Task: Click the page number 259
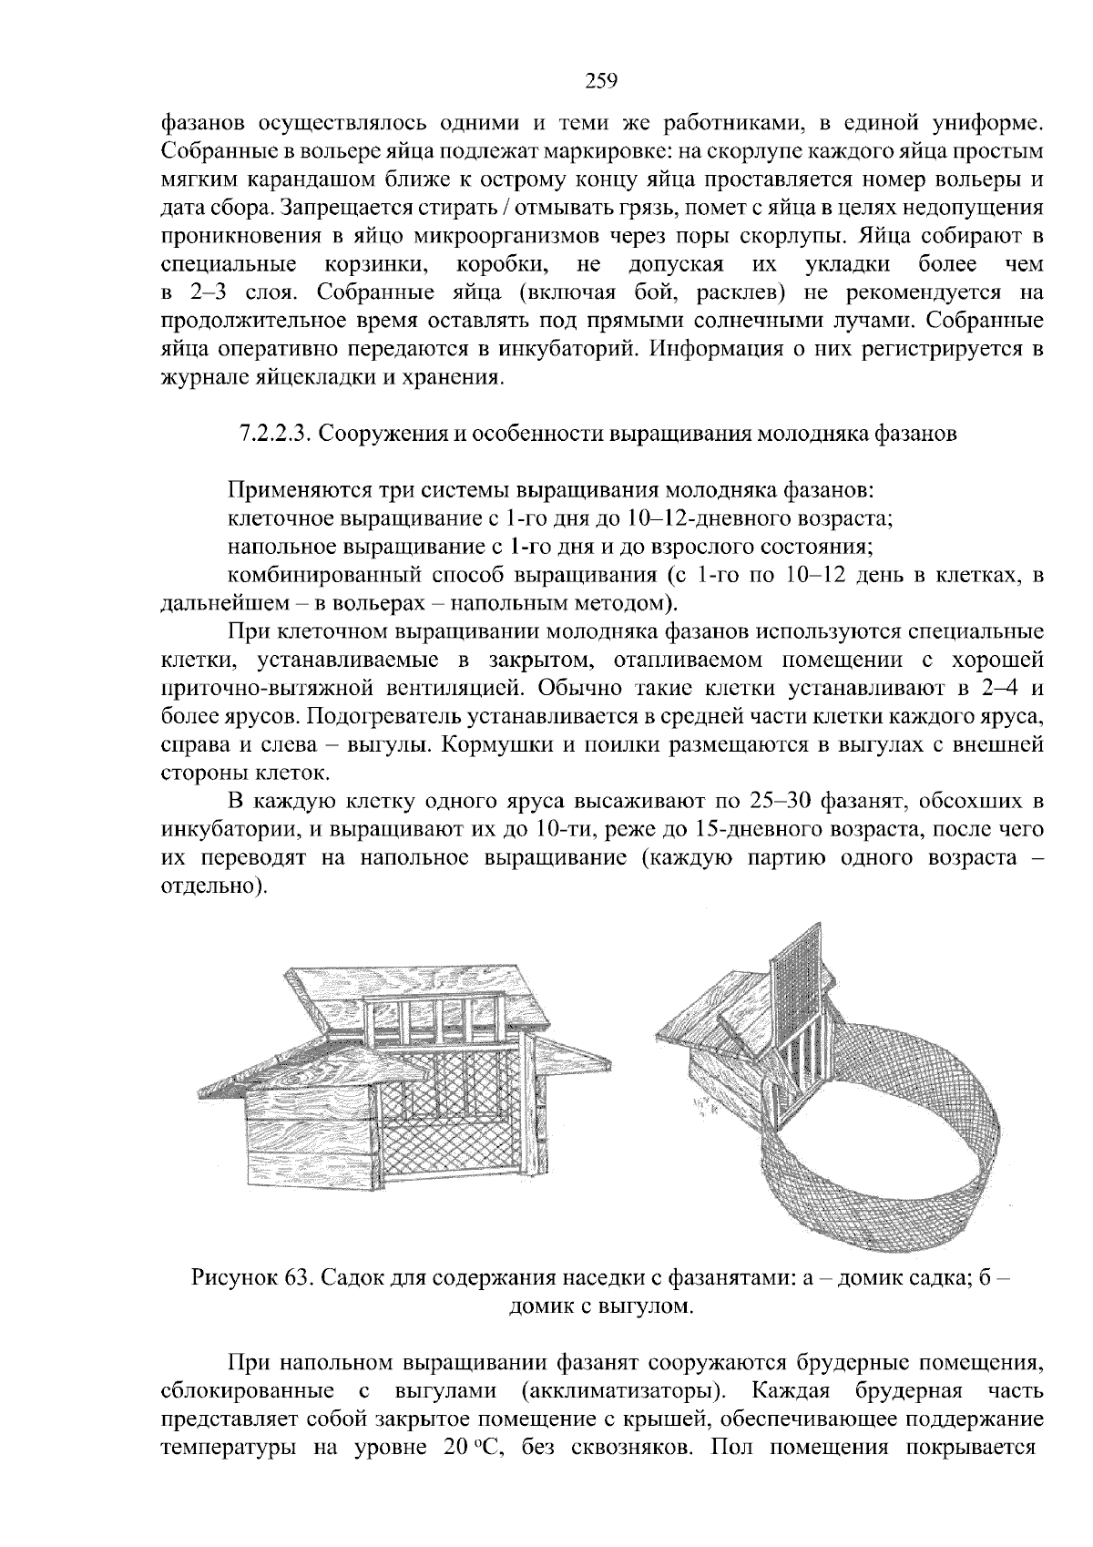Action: pos(600,81)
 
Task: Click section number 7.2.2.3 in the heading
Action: pos(271,434)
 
